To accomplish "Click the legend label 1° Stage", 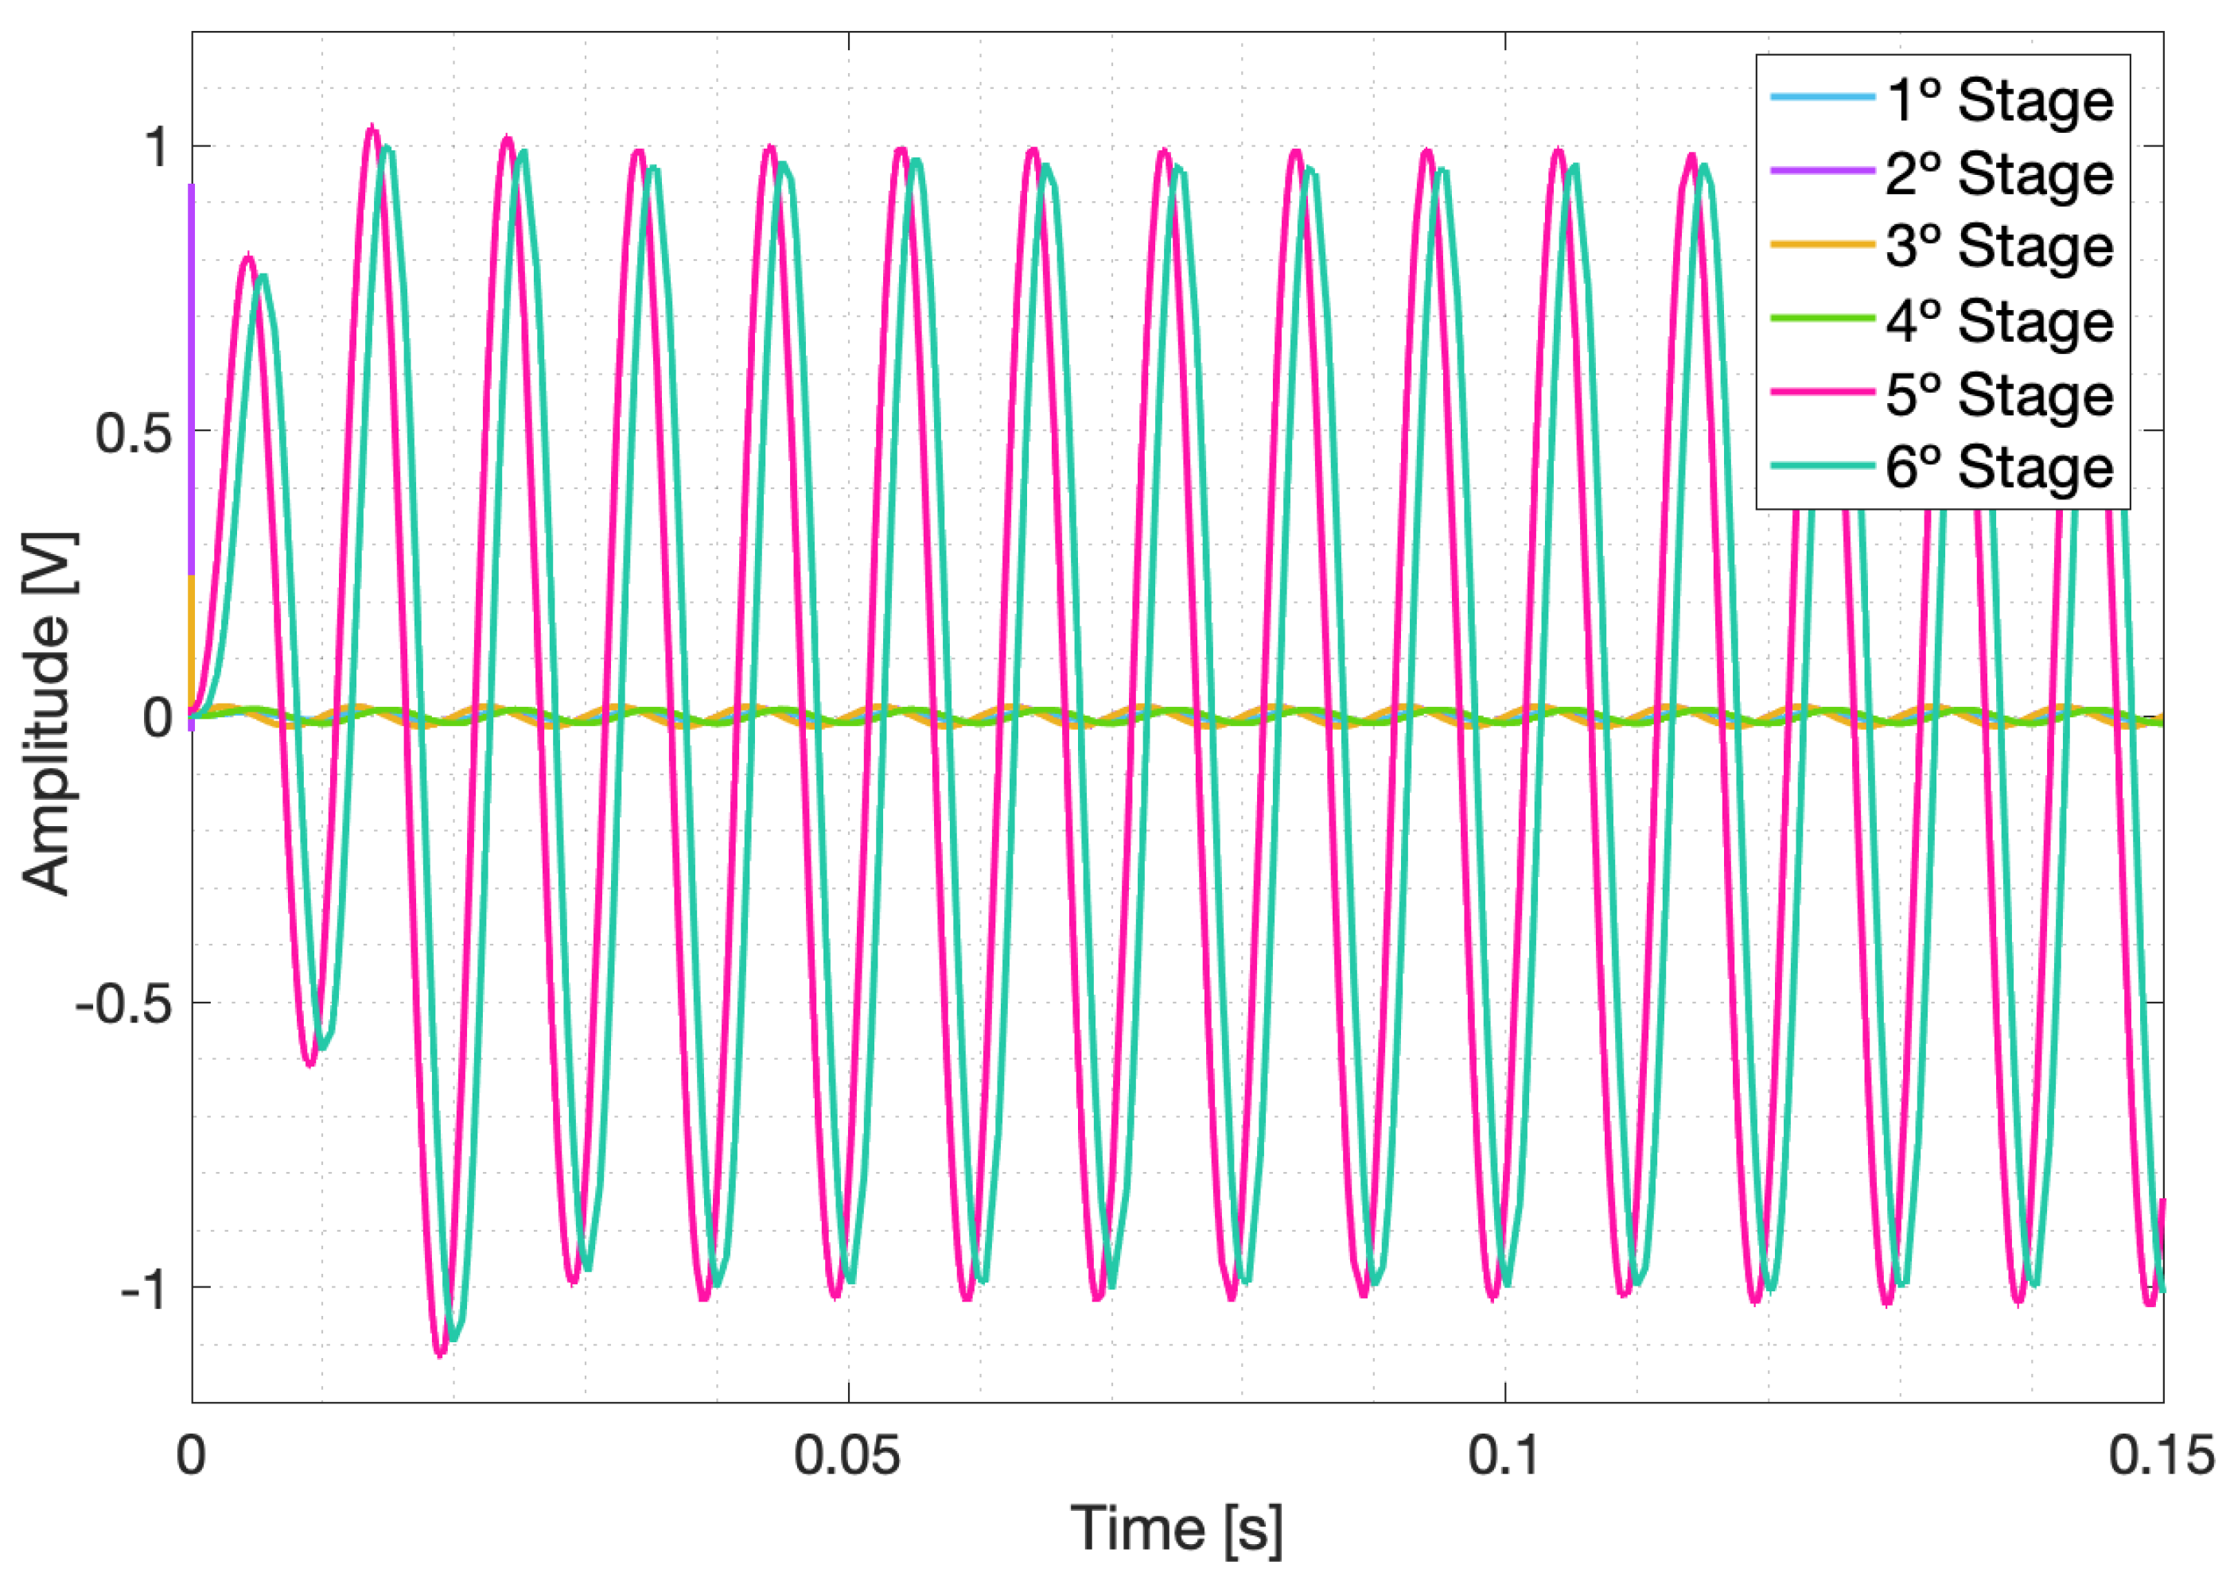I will click(x=1998, y=100).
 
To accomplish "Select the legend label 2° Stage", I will click(x=1998, y=174).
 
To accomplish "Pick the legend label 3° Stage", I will click(x=1998, y=246).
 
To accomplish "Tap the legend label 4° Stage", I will click(x=1998, y=320).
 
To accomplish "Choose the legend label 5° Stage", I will click(x=1998, y=394).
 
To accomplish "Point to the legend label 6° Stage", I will click(x=1998, y=468).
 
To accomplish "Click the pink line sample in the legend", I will click(x=1822, y=392).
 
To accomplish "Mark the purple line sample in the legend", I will click(x=1822, y=171).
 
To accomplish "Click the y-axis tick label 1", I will click(x=155, y=148).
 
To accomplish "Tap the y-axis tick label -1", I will click(x=146, y=1287).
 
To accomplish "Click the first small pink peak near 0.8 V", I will click(x=249, y=258).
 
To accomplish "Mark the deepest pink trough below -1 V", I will click(x=441, y=1353).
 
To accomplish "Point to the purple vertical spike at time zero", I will click(x=192, y=378).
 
